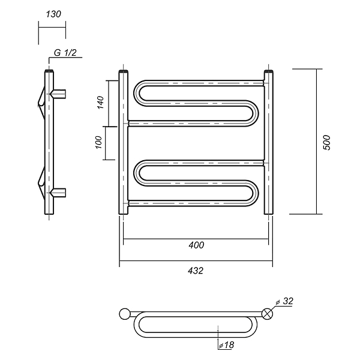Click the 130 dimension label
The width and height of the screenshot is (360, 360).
(x=53, y=14)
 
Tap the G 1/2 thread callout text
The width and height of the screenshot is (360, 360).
(x=65, y=53)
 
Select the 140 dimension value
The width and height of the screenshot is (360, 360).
(x=101, y=103)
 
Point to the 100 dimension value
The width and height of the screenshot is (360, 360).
(x=98, y=142)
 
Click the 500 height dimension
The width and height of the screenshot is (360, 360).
(x=326, y=143)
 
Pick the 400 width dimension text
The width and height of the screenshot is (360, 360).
(x=196, y=245)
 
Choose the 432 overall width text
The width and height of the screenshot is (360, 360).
(x=196, y=271)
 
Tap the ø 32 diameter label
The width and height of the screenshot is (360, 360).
(x=284, y=301)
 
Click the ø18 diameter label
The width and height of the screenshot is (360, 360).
(x=226, y=345)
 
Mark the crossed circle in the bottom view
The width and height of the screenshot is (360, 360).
(x=268, y=314)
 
